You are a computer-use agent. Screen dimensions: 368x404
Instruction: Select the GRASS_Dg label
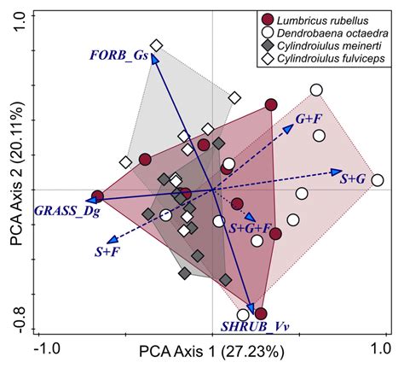point(64,209)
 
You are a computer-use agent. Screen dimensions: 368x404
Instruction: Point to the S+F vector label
point(108,252)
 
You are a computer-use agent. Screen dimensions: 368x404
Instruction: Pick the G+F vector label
point(309,115)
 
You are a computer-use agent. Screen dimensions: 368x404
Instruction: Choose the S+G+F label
point(251,229)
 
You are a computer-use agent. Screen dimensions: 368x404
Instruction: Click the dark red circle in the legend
point(268,18)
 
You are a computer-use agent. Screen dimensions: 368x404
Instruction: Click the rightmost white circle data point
point(377,180)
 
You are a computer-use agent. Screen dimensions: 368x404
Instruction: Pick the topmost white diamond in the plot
point(156,45)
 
